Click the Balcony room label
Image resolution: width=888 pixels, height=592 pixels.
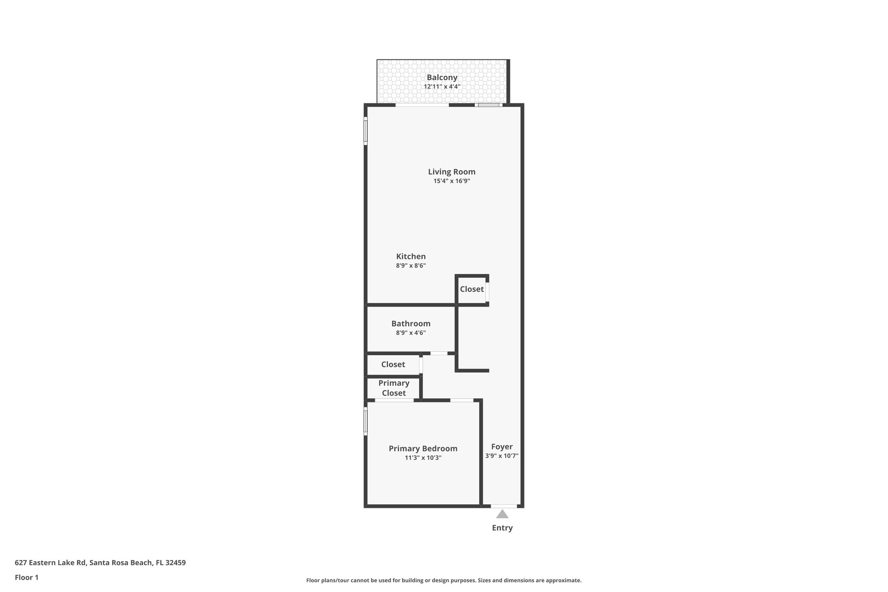point(442,78)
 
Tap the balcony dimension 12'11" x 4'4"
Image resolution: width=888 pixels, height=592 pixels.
point(442,87)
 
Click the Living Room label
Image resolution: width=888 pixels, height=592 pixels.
point(451,172)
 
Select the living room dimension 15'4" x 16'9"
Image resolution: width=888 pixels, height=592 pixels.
point(451,181)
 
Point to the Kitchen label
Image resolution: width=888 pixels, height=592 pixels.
point(411,256)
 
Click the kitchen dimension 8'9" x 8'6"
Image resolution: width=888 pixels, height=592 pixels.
point(411,266)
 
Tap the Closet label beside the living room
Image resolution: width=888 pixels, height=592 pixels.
point(471,289)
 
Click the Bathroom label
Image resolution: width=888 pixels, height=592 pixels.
point(411,324)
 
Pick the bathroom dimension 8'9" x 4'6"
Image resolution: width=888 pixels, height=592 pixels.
point(411,333)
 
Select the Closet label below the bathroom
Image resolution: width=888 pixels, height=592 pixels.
point(393,365)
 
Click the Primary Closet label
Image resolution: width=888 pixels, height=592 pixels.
point(394,388)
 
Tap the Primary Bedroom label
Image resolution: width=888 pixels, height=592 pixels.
point(423,448)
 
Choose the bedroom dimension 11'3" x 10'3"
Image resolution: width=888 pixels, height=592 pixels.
point(423,458)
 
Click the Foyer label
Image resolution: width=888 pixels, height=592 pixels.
point(502,447)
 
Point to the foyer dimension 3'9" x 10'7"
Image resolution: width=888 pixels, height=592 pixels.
point(502,456)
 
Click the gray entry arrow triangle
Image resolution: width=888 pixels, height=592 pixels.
point(502,515)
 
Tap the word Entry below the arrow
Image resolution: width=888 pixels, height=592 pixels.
point(502,528)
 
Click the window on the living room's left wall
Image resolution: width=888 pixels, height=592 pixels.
point(366,131)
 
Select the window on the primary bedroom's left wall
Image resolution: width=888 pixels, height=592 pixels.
point(366,421)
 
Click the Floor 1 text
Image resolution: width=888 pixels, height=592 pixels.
point(26,578)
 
